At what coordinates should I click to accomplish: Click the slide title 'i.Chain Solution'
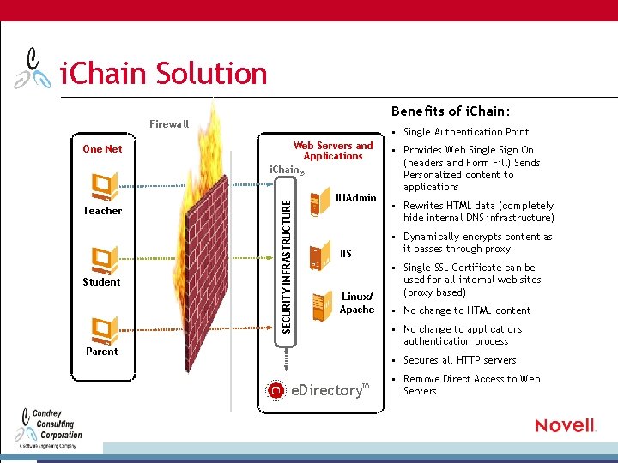163,74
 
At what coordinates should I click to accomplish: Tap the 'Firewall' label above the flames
168,124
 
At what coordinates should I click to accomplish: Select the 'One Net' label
102,149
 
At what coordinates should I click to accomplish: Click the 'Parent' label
102,351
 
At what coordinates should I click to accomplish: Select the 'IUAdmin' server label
355,199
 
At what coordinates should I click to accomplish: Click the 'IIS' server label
345,254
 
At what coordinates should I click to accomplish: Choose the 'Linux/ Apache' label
357,303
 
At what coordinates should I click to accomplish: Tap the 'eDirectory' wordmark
327,390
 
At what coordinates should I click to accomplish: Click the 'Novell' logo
565,425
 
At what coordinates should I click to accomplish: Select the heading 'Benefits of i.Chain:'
451,111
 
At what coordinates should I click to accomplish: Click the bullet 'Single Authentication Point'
466,132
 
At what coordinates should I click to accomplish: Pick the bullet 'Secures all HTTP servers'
460,360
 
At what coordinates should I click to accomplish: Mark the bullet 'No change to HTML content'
467,310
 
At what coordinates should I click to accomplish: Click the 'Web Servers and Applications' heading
333,151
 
